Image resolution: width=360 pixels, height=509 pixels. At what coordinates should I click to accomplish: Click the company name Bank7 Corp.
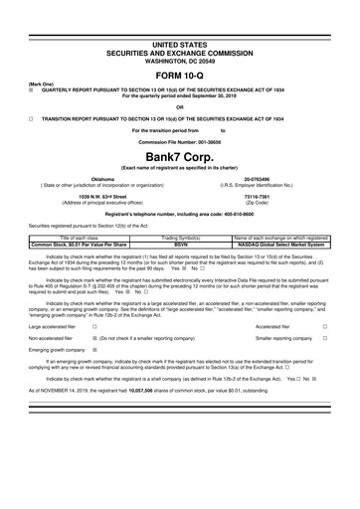(179, 154)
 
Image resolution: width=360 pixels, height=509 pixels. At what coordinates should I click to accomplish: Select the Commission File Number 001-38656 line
(179, 140)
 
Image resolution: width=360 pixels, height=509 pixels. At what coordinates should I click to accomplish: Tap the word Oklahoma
(103, 179)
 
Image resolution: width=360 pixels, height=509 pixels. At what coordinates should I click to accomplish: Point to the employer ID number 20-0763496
(257, 179)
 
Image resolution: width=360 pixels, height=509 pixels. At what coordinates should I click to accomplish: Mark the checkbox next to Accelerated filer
(339, 324)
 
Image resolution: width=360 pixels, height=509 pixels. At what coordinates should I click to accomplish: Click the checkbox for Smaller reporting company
(339, 338)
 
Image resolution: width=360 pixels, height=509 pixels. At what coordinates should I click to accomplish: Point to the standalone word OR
(179, 106)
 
